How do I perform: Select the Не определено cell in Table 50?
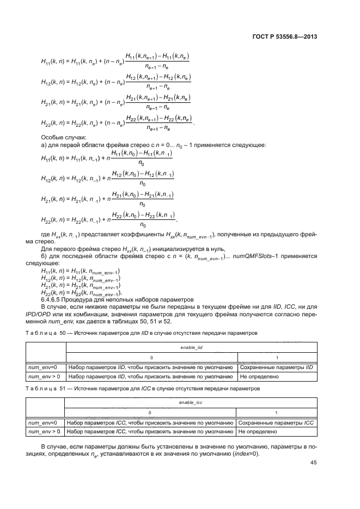pyautogui.click(x=258, y=376)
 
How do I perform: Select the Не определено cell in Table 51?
pyautogui.click(x=258, y=432)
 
